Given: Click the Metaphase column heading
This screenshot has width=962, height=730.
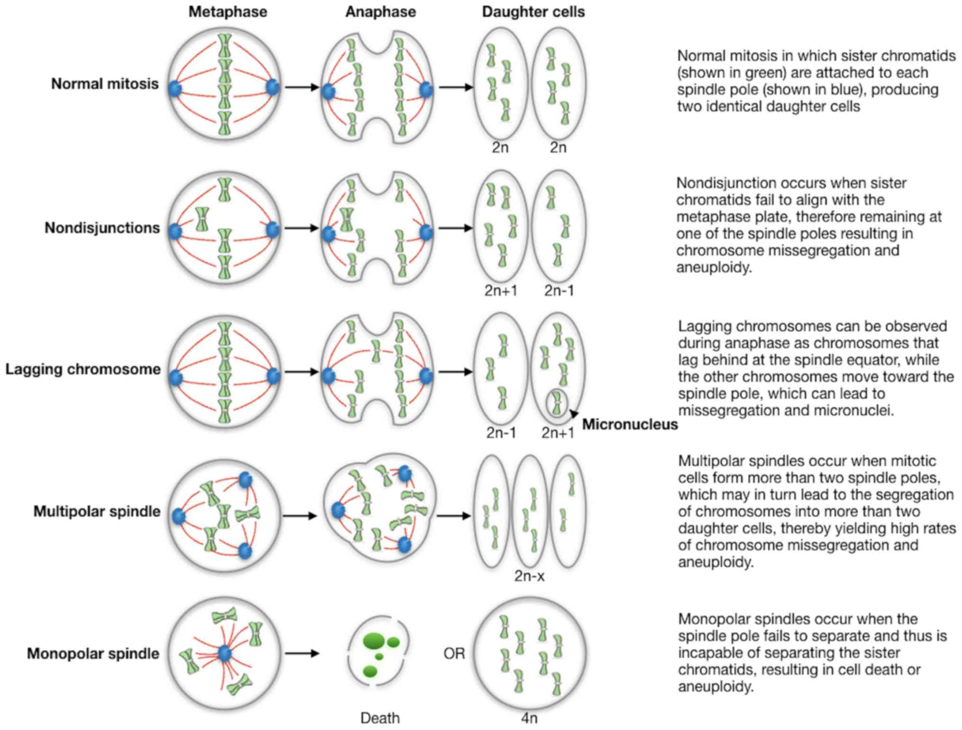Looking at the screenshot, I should point(227,12).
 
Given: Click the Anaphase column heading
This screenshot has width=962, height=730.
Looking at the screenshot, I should point(380,12).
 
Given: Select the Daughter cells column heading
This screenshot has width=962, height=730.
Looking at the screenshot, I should point(533,12).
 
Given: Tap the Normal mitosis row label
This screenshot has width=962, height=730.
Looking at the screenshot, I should point(105,84).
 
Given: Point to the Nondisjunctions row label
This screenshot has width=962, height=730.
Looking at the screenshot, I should point(102,228).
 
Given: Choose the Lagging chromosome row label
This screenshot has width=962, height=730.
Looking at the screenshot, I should point(83,369).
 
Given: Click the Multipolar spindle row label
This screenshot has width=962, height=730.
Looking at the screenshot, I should point(97,511).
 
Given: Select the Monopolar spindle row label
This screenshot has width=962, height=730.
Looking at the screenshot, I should point(93,654).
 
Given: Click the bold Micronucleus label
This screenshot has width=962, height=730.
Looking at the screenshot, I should point(629,424).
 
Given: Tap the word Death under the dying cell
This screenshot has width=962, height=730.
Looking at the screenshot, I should point(380,718).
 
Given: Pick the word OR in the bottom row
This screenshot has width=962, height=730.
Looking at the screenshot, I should point(454,654).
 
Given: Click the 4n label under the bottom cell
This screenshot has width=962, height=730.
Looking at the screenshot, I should point(529,718).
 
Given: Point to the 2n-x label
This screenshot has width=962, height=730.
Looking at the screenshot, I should point(529,576).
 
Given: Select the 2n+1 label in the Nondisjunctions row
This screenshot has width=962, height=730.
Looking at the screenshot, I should point(501,290).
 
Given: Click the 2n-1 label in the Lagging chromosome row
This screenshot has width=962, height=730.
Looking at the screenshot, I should point(501,432).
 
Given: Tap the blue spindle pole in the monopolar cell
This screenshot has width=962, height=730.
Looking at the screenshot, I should point(225,654).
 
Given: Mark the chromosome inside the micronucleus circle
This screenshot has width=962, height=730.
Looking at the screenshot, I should point(557,403).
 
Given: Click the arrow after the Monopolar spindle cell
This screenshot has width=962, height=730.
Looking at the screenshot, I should point(301,654).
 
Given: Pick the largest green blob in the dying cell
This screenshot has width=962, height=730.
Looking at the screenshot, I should point(374,640).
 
